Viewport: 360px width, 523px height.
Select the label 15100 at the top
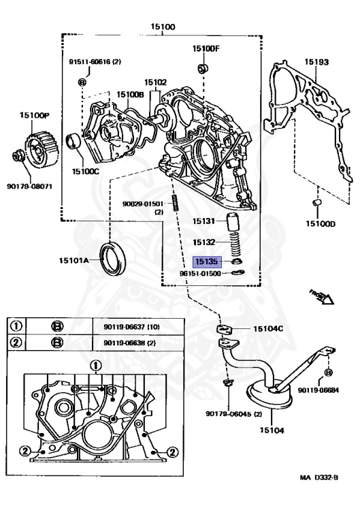click(163, 27)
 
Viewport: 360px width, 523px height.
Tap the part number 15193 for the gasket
click(316, 62)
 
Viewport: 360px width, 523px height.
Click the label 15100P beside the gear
click(33, 118)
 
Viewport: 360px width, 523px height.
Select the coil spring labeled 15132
click(233, 242)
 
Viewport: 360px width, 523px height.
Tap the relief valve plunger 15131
click(233, 222)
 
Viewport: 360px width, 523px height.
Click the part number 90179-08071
click(29, 186)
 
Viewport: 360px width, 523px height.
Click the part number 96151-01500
click(199, 274)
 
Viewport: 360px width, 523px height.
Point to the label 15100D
click(320, 223)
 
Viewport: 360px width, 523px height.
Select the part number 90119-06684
click(331, 389)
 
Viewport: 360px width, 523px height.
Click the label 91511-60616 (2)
click(94, 61)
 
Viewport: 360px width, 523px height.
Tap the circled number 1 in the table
click(15, 326)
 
